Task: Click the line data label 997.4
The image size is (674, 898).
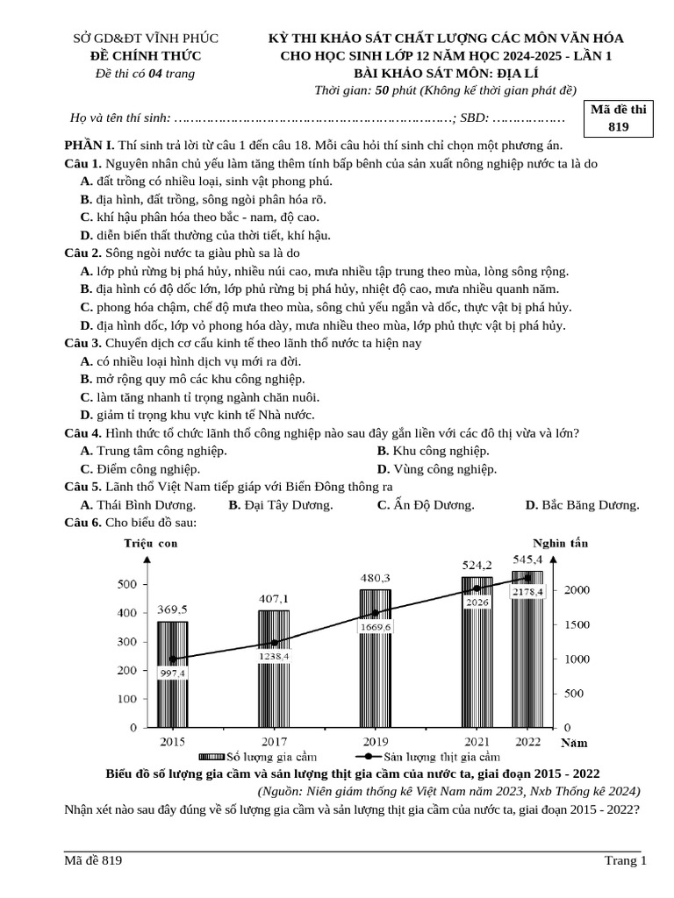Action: [172, 673]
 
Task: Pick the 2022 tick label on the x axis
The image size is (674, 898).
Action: [528, 742]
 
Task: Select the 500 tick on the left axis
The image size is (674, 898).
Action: [126, 585]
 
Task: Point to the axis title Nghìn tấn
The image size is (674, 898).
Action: [560, 543]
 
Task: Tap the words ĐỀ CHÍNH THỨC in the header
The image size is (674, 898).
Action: [146, 56]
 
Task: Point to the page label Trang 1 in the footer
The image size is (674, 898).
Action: [625, 860]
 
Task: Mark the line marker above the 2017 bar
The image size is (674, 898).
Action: [274, 643]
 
